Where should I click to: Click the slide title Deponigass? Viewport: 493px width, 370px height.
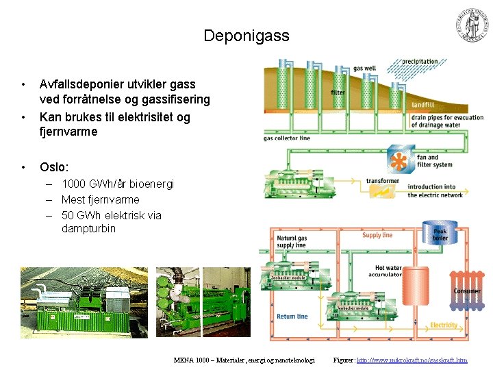click(246, 36)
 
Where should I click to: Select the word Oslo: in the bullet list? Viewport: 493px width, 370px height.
click(54, 167)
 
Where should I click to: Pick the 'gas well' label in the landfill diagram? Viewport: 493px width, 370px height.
click(364, 69)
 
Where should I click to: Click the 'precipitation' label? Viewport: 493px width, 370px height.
click(420, 62)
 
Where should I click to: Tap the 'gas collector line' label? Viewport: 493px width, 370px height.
click(287, 138)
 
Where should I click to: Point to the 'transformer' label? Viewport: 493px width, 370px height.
click(382, 181)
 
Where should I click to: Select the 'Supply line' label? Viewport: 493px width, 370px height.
click(377, 235)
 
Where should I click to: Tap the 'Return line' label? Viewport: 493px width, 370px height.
click(292, 317)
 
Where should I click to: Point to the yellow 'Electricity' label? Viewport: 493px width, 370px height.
click(444, 325)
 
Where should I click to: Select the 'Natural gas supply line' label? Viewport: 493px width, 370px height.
click(292, 242)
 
